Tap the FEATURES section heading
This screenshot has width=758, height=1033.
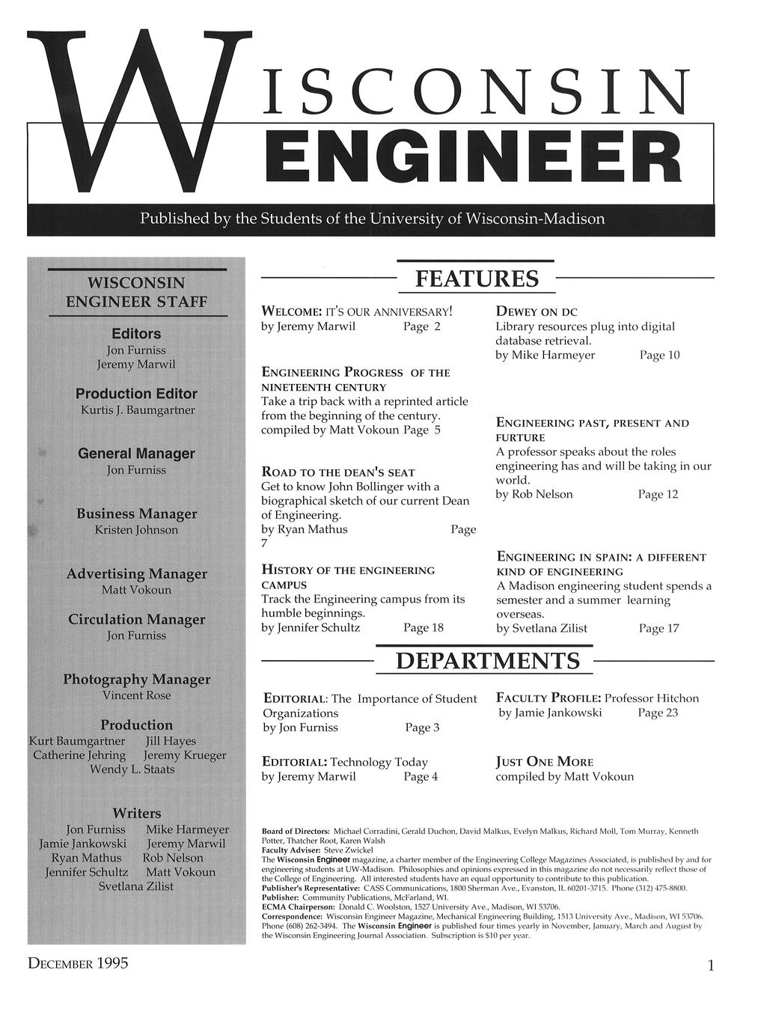477,279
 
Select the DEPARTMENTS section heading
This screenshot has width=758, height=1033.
487,662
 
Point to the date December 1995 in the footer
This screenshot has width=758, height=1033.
78,963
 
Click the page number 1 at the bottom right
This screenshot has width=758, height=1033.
710,966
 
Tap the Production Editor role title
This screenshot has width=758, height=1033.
136,394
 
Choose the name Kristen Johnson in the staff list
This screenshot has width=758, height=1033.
136,530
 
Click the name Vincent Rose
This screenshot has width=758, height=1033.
136,695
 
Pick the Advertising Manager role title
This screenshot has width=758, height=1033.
136,574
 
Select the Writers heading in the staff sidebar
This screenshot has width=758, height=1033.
136,813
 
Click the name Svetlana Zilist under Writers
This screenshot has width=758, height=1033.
136,886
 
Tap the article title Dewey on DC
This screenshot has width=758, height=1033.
537,311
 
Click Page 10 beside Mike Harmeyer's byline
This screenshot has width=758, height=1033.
659,355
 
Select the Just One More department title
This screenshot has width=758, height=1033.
544,762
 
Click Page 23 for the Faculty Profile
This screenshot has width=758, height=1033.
658,713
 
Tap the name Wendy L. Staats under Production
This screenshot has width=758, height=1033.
132,770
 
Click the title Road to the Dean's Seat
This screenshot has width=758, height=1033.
337,472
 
